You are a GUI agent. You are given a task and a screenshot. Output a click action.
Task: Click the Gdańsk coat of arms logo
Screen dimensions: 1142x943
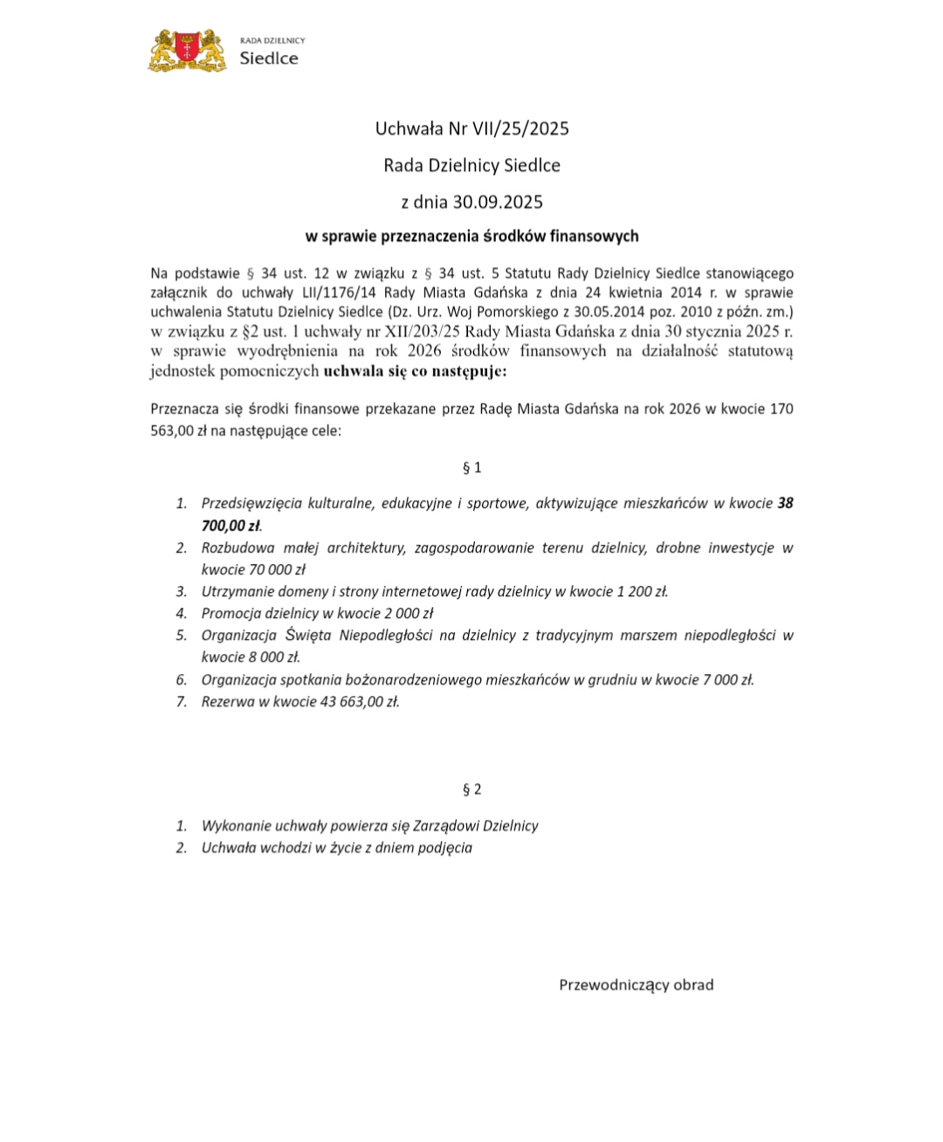pyautogui.click(x=188, y=51)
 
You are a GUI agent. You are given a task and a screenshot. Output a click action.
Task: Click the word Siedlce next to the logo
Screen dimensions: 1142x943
pyautogui.click(x=269, y=58)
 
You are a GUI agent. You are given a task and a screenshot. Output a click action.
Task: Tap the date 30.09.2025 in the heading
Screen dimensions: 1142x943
pyautogui.click(x=498, y=202)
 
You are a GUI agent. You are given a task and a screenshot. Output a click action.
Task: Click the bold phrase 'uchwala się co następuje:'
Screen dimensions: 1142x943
pyautogui.click(x=415, y=371)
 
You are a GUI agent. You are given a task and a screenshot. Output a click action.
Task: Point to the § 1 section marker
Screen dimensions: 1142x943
pyautogui.click(x=471, y=467)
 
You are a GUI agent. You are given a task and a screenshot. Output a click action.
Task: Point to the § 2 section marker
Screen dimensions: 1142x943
pyautogui.click(x=471, y=789)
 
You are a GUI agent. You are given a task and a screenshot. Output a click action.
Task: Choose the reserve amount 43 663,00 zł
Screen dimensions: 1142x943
pyautogui.click(x=355, y=701)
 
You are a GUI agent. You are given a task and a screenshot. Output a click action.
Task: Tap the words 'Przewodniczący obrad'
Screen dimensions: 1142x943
pyautogui.click(x=636, y=985)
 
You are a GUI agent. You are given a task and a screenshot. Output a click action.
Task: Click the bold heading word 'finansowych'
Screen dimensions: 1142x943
pyautogui.click(x=596, y=236)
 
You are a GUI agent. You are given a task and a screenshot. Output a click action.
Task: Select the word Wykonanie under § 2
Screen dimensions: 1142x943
pyautogui.click(x=234, y=825)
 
